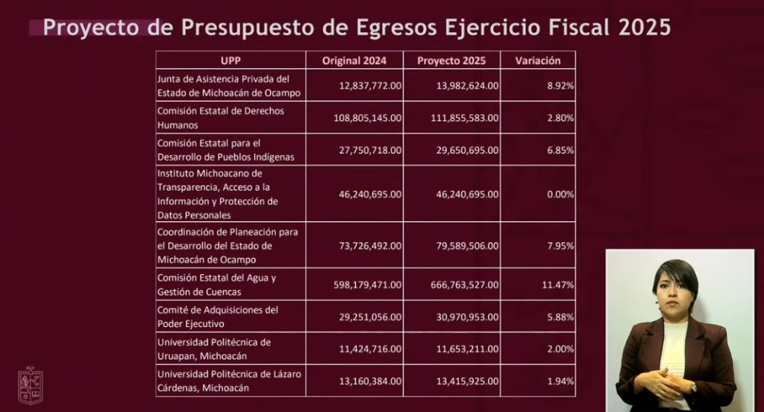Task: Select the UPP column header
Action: [231, 60]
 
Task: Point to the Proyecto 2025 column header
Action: [451, 60]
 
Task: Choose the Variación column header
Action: [538, 60]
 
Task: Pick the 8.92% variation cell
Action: [560, 86]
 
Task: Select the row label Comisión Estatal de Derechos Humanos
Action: [221, 118]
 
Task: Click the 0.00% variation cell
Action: [560, 194]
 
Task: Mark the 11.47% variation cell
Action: [557, 285]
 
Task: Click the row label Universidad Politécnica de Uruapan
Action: [214, 349]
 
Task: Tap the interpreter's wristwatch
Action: [692, 387]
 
